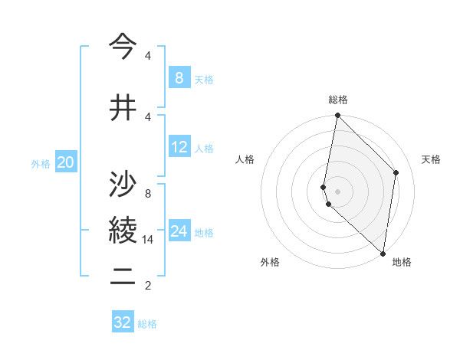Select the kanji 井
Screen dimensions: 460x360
(123, 108)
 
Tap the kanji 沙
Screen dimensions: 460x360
(123, 184)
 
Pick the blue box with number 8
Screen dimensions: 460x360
(179, 77)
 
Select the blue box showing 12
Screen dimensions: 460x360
(179, 147)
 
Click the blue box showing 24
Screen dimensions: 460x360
(179, 231)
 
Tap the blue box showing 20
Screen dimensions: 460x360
(65, 162)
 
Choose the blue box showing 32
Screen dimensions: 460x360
(123, 322)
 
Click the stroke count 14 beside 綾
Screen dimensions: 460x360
(148, 240)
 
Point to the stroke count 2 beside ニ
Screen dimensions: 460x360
(148, 286)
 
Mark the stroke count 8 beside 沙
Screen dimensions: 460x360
(148, 194)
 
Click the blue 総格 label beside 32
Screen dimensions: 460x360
(148, 324)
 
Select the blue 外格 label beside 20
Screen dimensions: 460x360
(41, 163)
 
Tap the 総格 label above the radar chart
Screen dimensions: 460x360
(338, 100)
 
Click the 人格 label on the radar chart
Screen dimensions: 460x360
(245, 159)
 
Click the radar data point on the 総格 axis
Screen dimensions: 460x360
(338, 116)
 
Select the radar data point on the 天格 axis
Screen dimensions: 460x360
(396, 172)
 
